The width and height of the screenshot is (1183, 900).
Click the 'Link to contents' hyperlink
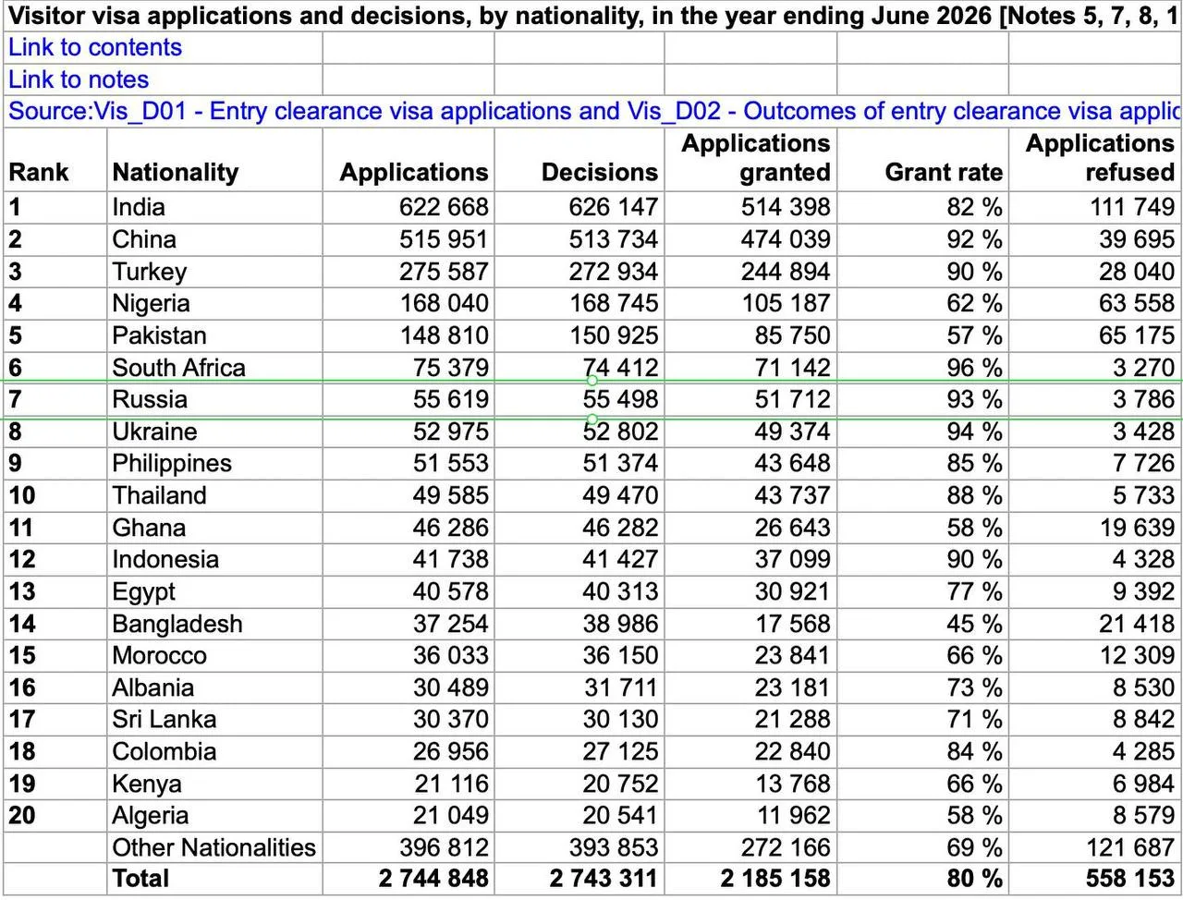point(95,47)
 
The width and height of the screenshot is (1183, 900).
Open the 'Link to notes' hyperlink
point(79,79)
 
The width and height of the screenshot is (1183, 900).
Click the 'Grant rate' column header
point(944,173)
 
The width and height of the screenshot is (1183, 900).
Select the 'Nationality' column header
point(176,173)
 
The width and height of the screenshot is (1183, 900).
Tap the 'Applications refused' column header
point(1100,158)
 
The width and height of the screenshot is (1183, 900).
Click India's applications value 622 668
point(444,207)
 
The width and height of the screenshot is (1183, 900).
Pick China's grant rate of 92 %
point(974,239)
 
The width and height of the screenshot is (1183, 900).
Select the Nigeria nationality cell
point(151,303)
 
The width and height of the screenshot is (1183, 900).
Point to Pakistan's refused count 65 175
point(1137,335)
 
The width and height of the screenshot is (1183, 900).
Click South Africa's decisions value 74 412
point(620,368)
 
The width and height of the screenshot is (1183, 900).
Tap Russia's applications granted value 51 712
point(792,400)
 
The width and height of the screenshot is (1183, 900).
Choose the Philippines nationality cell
point(172,464)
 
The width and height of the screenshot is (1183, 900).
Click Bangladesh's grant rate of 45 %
point(974,624)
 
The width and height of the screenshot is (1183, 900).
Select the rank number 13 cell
point(22,592)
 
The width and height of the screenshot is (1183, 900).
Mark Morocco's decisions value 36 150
point(620,656)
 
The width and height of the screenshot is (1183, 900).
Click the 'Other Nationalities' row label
point(213,847)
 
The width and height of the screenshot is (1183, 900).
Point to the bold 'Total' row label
point(140,879)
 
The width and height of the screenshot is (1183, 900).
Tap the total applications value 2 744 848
point(433,879)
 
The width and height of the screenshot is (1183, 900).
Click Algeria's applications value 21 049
point(451,816)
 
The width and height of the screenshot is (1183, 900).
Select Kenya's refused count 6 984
point(1143,784)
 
